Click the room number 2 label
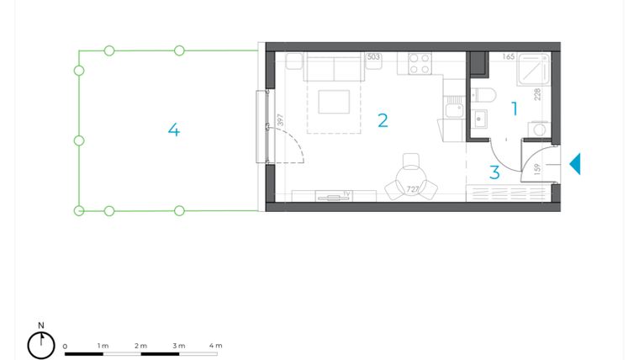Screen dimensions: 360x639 coord(383,120)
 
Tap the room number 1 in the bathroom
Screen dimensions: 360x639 coord(515,108)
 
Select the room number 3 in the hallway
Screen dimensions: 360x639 coord(494,172)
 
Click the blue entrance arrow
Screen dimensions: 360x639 coord(575,164)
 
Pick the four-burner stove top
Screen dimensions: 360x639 coord(420,63)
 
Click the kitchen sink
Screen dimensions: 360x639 coord(453,109)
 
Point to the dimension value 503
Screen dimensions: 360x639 coord(374,57)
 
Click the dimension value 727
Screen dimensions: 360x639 coord(413,190)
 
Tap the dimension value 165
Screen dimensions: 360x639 coord(508,57)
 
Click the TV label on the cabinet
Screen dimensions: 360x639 coord(346,193)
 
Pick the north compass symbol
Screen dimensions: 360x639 coord(40,343)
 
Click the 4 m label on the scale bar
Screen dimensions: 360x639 coord(214,346)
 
